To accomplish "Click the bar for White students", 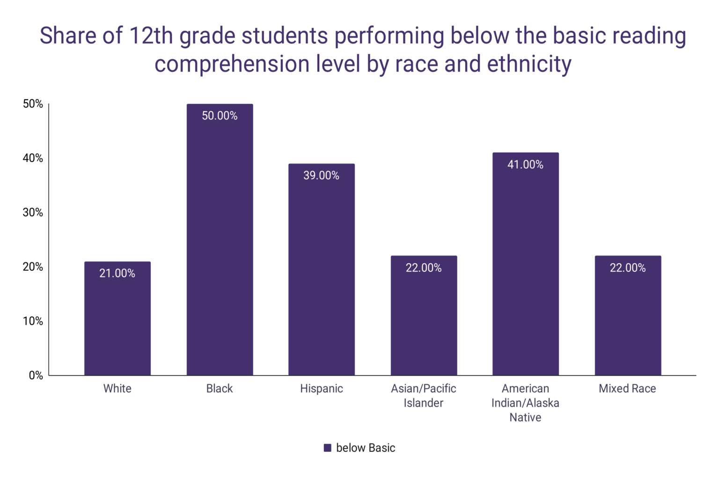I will pyautogui.click(x=117, y=323).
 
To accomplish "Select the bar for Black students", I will pyautogui.click(x=220, y=243).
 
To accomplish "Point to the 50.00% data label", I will pyautogui.click(x=220, y=116).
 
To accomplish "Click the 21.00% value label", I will pyautogui.click(x=117, y=273).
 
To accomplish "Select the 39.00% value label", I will pyautogui.click(x=322, y=175).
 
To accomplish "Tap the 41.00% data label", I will pyautogui.click(x=525, y=165).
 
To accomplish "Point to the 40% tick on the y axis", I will pyautogui.click(x=33, y=158).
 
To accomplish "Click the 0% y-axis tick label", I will pyautogui.click(x=36, y=375).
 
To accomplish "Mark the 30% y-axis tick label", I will pyautogui.click(x=33, y=212).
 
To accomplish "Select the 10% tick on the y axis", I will pyautogui.click(x=33, y=321).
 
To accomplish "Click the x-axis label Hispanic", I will pyautogui.click(x=322, y=389).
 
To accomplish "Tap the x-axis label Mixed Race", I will pyautogui.click(x=627, y=389).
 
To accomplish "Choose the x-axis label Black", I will pyautogui.click(x=220, y=389).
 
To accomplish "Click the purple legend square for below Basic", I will pyautogui.click(x=328, y=448).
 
